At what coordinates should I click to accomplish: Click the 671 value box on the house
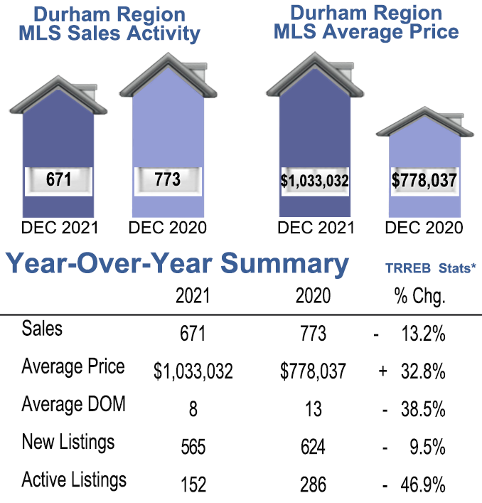(x=58, y=179)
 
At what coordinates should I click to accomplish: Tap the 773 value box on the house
(x=167, y=179)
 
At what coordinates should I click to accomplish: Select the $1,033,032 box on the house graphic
(x=314, y=181)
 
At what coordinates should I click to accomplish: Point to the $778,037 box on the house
(x=424, y=181)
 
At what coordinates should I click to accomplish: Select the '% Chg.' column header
(x=419, y=296)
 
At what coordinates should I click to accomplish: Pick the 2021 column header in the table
(x=193, y=296)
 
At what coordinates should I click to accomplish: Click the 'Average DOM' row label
(x=74, y=405)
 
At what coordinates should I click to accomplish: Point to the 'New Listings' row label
(x=68, y=443)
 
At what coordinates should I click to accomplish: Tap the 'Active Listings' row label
(x=75, y=480)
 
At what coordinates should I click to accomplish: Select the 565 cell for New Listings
(x=193, y=447)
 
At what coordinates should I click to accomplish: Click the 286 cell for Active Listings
(x=312, y=485)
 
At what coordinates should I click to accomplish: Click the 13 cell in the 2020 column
(x=312, y=409)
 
